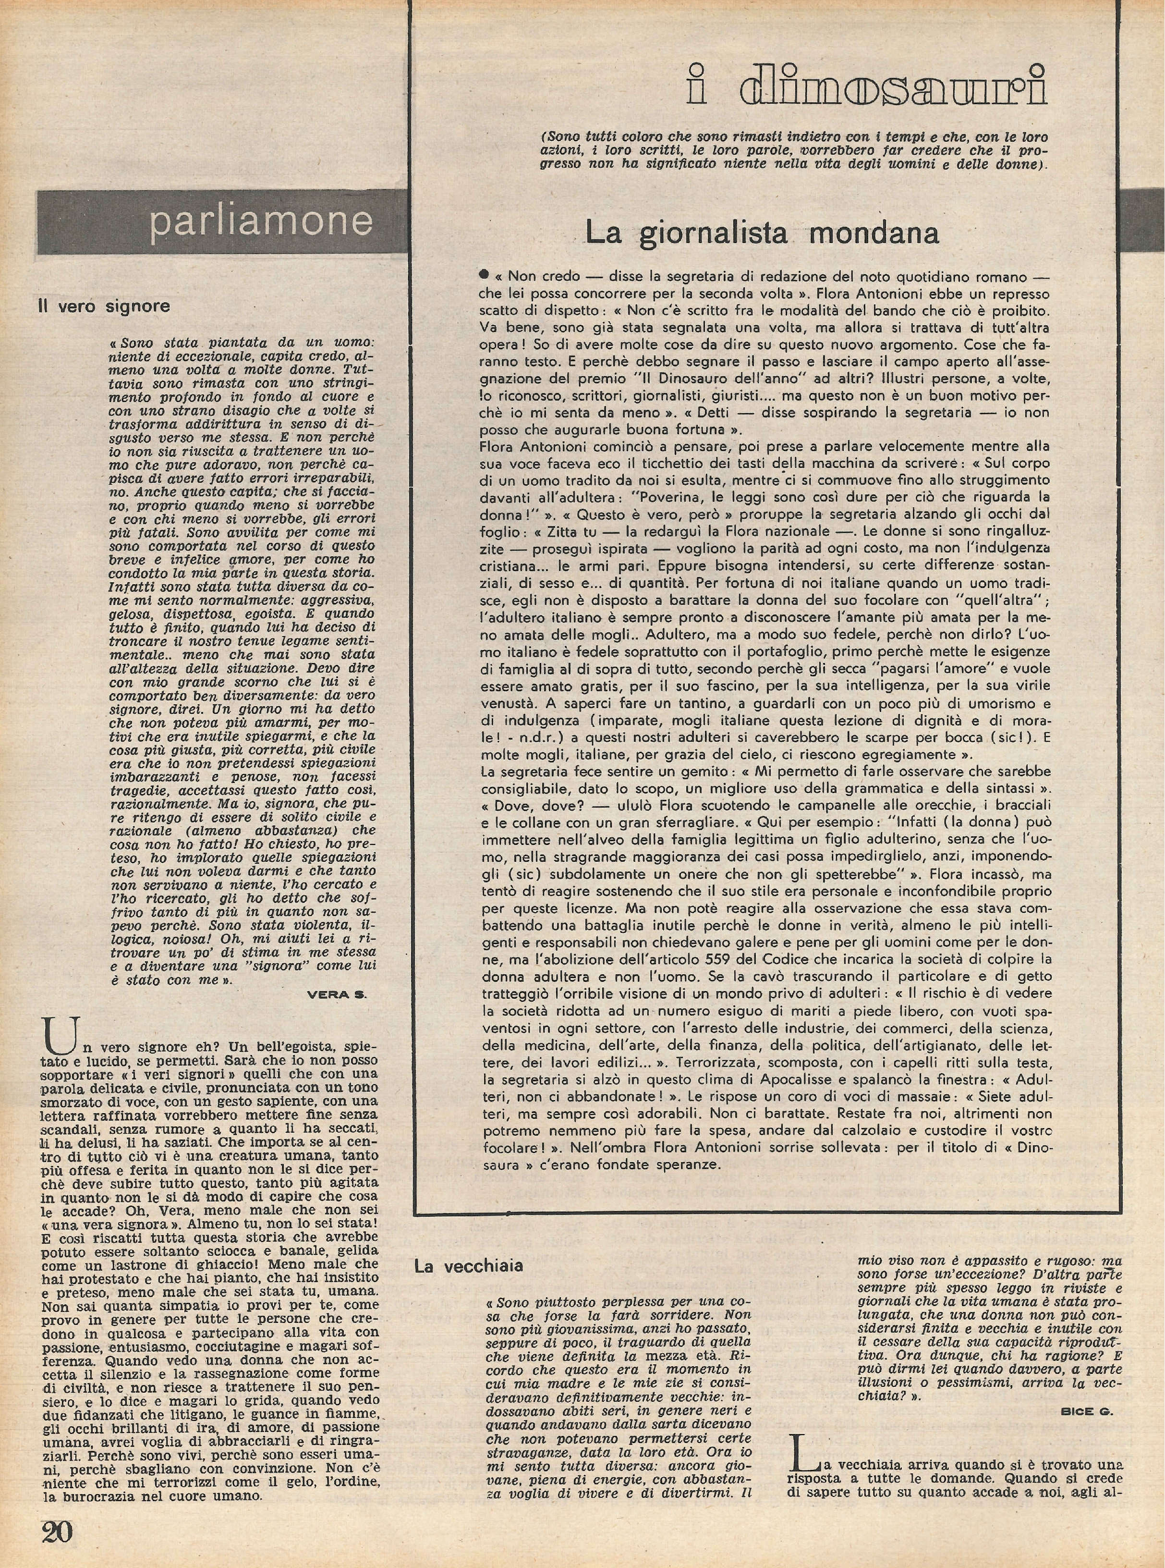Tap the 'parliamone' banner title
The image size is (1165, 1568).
(260, 221)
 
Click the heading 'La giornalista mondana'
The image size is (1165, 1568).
(762, 233)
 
